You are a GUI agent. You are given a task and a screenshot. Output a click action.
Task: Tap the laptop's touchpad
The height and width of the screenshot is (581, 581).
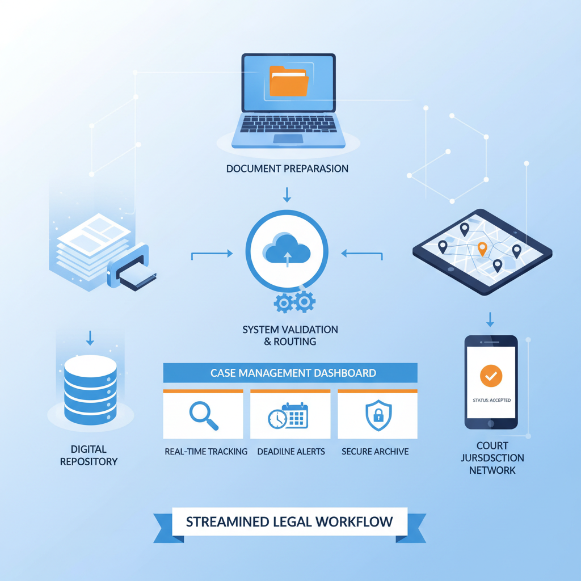[x=288, y=139]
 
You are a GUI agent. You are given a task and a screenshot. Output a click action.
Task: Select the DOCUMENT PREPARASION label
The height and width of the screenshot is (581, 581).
[x=287, y=169]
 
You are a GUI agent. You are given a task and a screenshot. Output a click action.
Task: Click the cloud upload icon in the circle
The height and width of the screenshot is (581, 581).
[x=287, y=250]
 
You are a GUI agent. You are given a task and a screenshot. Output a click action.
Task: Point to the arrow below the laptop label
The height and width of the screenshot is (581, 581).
[x=287, y=195]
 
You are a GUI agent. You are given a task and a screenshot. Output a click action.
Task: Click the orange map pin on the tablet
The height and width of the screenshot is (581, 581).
[x=482, y=249]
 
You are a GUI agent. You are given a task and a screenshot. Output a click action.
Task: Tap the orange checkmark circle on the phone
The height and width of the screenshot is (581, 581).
[x=491, y=376]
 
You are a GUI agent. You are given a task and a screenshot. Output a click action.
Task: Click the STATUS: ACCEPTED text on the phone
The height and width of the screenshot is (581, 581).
[x=492, y=400]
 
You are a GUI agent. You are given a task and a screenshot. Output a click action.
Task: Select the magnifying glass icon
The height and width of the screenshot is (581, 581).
[x=204, y=415]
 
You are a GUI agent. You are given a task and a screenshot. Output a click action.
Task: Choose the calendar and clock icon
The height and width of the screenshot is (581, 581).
[x=288, y=416]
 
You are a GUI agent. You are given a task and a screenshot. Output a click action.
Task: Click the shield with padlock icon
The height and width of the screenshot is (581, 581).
[x=378, y=415]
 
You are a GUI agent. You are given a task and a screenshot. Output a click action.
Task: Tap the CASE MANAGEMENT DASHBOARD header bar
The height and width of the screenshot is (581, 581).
[x=290, y=373]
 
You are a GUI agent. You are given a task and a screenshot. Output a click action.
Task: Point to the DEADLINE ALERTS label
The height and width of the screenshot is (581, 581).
[x=291, y=452]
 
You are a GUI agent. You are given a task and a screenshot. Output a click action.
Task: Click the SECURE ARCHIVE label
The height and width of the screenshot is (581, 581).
[x=375, y=452]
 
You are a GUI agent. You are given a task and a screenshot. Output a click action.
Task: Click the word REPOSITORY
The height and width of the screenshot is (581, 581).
[x=89, y=462]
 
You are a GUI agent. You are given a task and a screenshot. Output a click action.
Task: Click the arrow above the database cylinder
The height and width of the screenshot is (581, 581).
[x=90, y=338]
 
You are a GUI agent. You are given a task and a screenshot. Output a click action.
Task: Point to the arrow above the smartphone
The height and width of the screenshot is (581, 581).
[x=490, y=319]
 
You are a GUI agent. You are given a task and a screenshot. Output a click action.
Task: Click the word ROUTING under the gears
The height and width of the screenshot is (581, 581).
[x=295, y=342]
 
